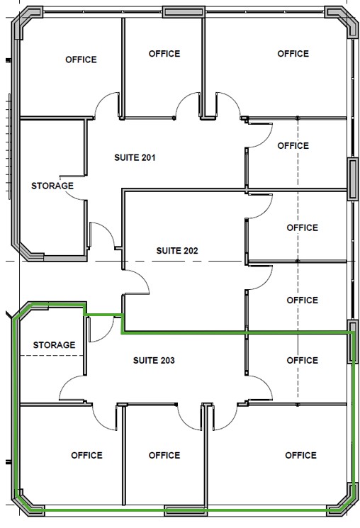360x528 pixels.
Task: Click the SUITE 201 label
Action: pos(135,157)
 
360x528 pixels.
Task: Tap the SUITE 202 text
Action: pos(177,250)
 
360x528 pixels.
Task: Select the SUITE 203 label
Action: pos(154,360)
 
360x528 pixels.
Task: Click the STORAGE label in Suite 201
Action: pos(52,186)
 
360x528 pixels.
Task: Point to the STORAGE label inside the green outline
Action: pos(54,345)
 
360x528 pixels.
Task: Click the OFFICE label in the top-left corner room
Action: pos(81,60)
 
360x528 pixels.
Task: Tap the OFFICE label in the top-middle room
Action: pos(164,54)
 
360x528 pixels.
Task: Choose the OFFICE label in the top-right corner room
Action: pos(293,54)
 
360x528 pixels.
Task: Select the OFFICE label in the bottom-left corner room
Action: pos(86,455)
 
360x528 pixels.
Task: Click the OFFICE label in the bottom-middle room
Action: pos(164,455)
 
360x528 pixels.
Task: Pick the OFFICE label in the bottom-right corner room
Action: pos(300,455)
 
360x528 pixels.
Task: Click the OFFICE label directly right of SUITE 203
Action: pos(303,360)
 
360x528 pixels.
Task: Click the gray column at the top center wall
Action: pos(184,12)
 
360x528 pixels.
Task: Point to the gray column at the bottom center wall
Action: pos(184,511)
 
